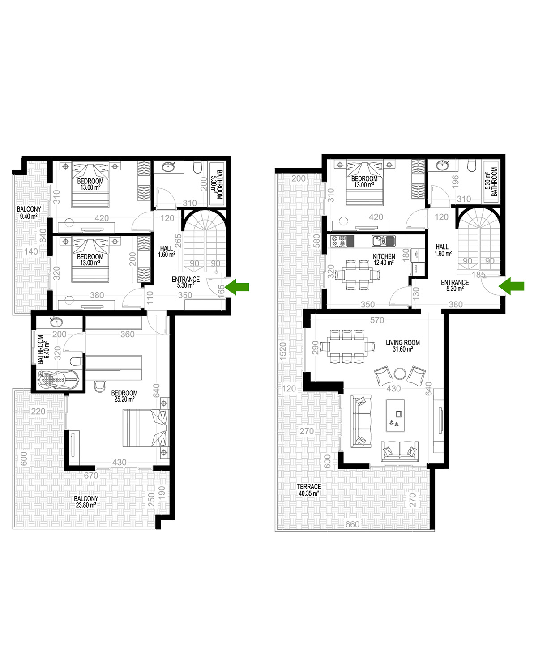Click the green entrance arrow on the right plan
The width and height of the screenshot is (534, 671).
511,286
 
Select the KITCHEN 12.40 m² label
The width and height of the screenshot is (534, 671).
384,259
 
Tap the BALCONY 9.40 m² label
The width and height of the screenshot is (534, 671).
29,212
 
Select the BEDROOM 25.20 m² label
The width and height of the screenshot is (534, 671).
124,396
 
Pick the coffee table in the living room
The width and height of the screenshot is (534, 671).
395,415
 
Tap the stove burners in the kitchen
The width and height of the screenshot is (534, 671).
339,241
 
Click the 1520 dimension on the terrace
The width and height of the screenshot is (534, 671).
283,352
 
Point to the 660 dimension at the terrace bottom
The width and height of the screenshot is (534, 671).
352,524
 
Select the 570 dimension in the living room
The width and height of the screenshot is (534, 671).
377,320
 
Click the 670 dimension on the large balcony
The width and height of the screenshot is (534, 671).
91,475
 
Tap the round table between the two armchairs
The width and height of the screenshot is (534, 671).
400,374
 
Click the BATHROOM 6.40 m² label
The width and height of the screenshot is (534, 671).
43,349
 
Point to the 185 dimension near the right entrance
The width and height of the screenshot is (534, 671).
479,274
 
